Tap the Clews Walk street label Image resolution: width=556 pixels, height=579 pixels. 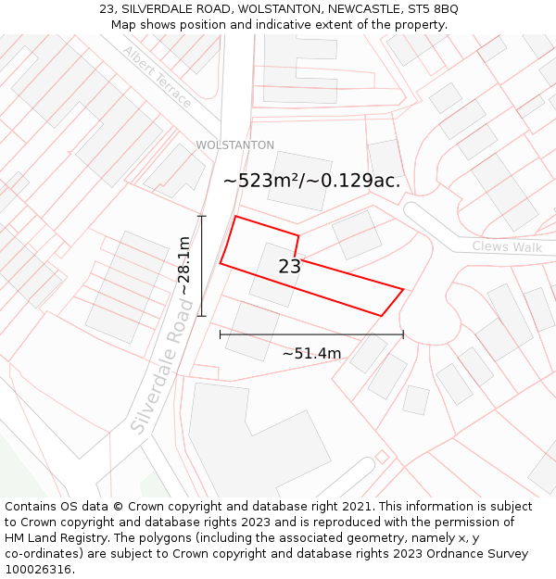[x=507, y=247]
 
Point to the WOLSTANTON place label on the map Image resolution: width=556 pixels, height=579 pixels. [x=234, y=145]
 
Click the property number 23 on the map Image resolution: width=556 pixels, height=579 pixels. [x=289, y=267]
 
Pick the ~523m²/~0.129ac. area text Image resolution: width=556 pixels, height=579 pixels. [x=312, y=181]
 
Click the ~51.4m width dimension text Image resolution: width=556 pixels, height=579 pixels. [x=311, y=353]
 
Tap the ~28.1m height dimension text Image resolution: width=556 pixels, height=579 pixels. [x=184, y=267]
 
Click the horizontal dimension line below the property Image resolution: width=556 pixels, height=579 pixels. [x=311, y=334]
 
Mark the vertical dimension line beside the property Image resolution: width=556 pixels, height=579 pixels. [x=201, y=267]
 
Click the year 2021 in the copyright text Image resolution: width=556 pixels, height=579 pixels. [x=355, y=507]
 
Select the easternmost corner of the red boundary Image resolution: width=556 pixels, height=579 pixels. [x=403, y=289]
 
